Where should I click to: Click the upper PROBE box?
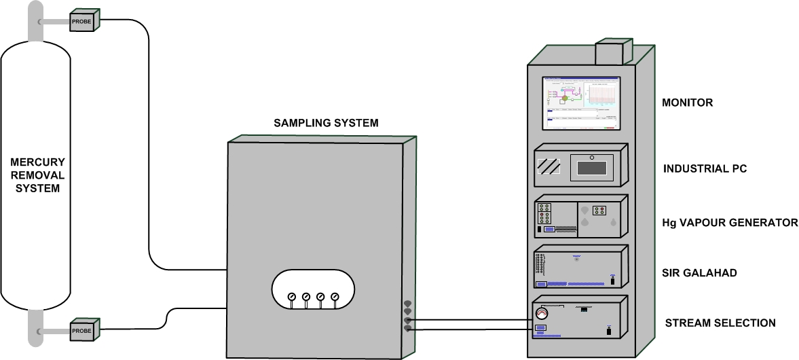pos(83,21)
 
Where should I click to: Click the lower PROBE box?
pos(83,331)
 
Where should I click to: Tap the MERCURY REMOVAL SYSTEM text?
pos(37,175)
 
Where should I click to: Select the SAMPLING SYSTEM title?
pos(326,123)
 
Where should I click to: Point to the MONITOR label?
pos(687,103)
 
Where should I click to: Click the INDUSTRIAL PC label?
pos(705,168)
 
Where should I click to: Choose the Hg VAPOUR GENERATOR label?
pos(730,223)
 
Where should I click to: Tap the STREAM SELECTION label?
pos(719,323)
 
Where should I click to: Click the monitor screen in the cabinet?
pos(581,103)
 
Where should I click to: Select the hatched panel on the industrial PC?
pos(549,166)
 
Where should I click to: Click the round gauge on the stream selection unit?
pos(541,313)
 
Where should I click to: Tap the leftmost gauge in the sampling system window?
pos(292,297)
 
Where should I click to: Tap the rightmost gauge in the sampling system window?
pos(335,297)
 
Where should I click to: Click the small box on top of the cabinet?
pos(614,52)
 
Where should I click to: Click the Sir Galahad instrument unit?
pos(579,269)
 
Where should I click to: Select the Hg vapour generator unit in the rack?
pos(579,217)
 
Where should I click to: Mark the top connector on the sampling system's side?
pos(408,304)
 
